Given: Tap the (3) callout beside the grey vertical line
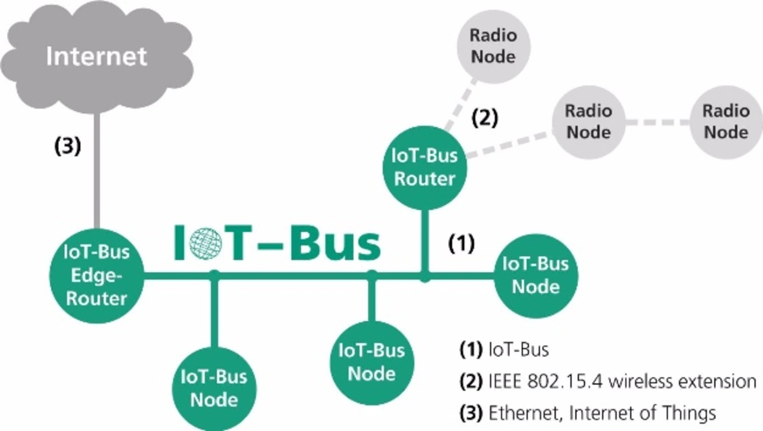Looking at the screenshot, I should point(67,147).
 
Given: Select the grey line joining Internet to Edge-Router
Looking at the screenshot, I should point(97,173).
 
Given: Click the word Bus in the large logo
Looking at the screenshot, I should point(336,242).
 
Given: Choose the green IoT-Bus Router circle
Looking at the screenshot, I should point(424,167).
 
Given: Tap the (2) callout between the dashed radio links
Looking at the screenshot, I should point(485,118).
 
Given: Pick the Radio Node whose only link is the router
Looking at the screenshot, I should point(492,45).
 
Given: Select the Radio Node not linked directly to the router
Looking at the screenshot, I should point(725,122).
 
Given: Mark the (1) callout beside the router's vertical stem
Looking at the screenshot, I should point(461,243).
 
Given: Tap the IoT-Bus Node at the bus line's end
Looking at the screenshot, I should point(536,275).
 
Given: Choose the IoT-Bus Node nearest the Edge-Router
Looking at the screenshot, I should point(214,388).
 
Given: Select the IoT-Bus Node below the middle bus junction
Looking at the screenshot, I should point(371,362).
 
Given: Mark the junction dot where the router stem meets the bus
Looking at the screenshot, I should point(424,277).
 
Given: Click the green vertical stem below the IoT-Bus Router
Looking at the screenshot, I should point(424,239).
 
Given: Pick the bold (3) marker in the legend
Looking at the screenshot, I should point(470,412).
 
